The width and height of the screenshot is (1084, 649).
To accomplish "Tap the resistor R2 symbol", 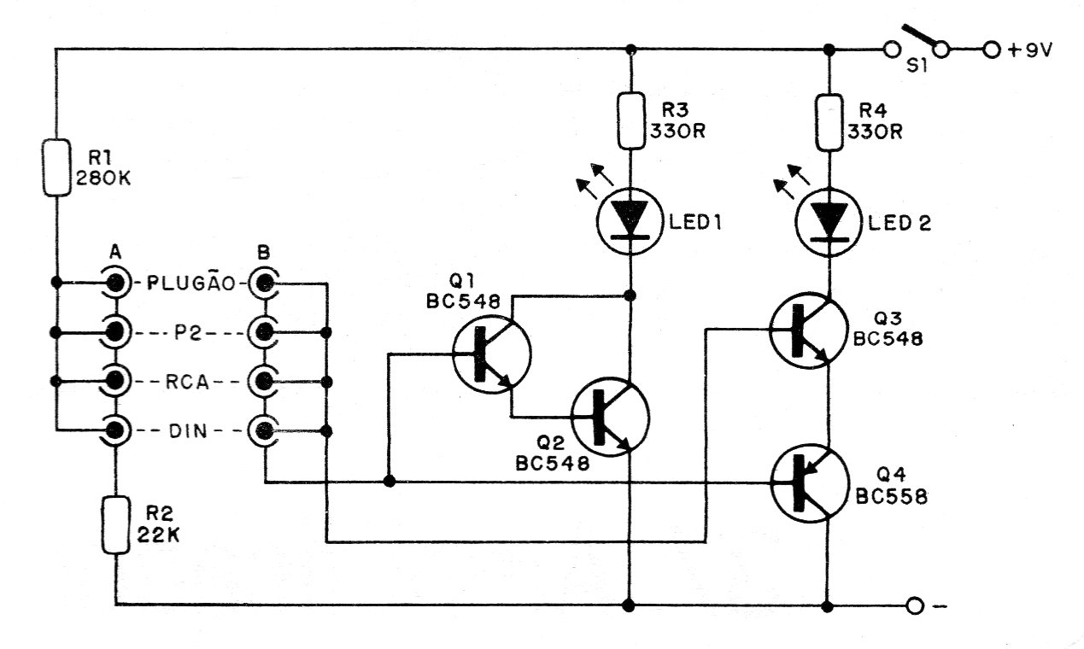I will [115, 526].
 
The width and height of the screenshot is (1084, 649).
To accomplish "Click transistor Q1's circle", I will [491, 354].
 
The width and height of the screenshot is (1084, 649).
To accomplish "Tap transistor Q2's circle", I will [610, 417].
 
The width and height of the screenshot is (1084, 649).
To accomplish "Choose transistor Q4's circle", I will [808, 486].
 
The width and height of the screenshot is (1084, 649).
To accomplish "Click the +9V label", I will [1030, 50].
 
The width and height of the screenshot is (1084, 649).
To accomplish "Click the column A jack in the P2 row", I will [114, 330].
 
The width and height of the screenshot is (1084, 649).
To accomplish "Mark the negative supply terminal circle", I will [915, 606].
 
